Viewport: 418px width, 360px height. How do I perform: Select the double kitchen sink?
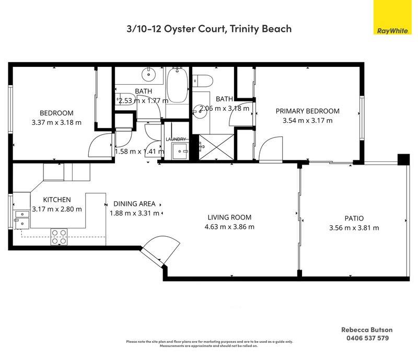[x=22, y=219]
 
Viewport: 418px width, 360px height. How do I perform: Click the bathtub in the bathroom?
[x=178, y=85]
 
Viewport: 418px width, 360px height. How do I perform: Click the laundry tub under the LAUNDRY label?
[x=182, y=150]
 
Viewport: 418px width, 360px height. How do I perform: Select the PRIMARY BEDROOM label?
[x=307, y=111]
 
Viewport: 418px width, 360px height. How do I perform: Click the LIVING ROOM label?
[x=229, y=217]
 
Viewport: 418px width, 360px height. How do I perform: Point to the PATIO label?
[x=354, y=218]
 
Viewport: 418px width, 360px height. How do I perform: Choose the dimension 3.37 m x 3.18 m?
[x=56, y=123]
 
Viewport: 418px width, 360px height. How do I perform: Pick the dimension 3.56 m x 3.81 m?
[x=354, y=228]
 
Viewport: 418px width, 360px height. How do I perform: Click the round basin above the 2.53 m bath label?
[x=150, y=75]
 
